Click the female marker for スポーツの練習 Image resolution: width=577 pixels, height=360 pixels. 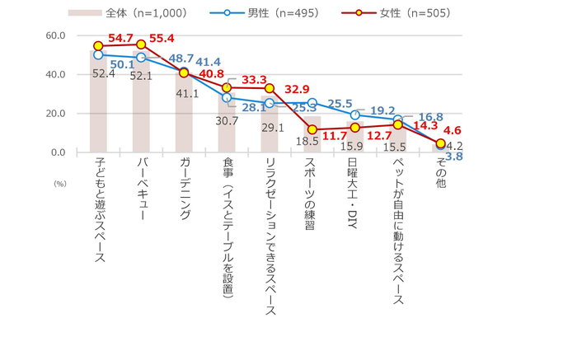point(312,129)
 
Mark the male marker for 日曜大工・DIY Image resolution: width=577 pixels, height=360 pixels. point(355,115)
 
